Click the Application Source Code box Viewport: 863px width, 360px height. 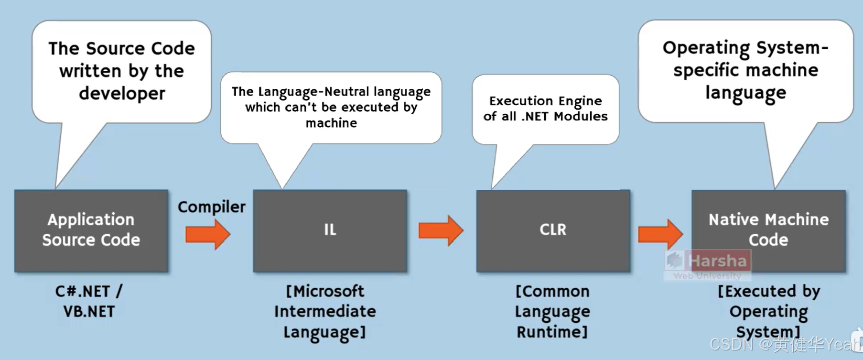pyautogui.click(x=91, y=231)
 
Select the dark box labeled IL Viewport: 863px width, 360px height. pyautogui.click(x=330, y=231)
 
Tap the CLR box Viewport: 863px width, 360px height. pyautogui.click(x=553, y=231)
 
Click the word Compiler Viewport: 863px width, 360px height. pyautogui.click(x=211, y=207)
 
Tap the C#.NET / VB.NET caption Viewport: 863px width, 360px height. pyautogui.click(x=89, y=301)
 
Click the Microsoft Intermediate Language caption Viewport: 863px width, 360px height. pyautogui.click(x=325, y=311)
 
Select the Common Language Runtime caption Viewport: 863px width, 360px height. pyautogui.click(x=552, y=311)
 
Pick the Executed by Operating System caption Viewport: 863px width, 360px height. pyautogui.click(x=768, y=311)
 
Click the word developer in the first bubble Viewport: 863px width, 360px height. pyautogui.click(x=122, y=93)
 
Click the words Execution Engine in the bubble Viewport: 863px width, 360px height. pyautogui.click(x=545, y=101)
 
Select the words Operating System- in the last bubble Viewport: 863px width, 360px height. pyautogui.click(x=745, y=48)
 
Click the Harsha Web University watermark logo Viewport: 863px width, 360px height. pyautogui.click(x=707, y=264)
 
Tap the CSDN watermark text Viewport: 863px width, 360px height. pyautogui.click(x=731, y=344)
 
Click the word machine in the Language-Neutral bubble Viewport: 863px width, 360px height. pyautogui.click(x=331, y=123)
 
